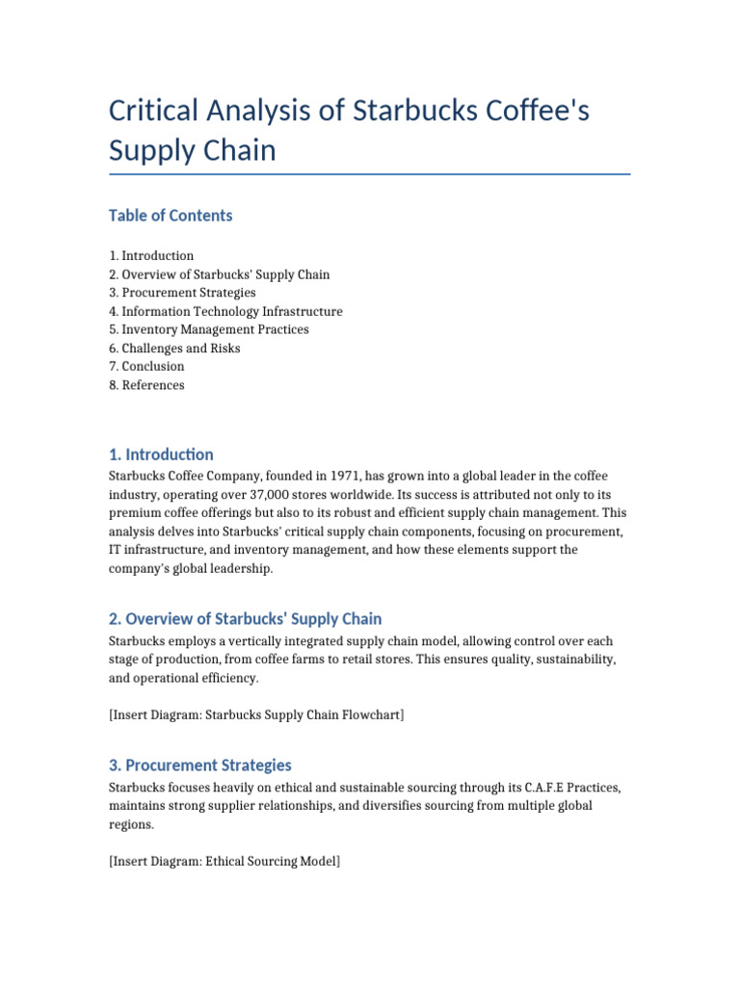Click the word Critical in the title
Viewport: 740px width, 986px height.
[x=155, y=111]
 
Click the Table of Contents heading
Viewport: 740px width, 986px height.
[x=171, y=216]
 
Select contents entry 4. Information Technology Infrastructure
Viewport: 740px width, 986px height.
[x=225, y=311]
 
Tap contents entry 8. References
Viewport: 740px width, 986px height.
[x=146, y=385]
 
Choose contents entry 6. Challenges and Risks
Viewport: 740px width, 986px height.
[x=174, y=348]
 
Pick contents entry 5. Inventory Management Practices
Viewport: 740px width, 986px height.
[x=209, y=329]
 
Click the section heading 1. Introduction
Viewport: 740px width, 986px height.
[x=161, y=454]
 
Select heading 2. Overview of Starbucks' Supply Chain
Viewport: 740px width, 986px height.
[x=245, y=619]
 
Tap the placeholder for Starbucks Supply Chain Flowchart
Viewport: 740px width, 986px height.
[x=255, y=714]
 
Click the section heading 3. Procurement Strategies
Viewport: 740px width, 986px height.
[x=199, y=765]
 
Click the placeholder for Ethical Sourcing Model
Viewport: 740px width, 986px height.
[x=225, y=861]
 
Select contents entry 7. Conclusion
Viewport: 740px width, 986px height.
[x=146, y=366]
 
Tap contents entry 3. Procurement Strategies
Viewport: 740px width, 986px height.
[x=182, y=293]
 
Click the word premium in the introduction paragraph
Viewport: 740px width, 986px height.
[x=135, y=513]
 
